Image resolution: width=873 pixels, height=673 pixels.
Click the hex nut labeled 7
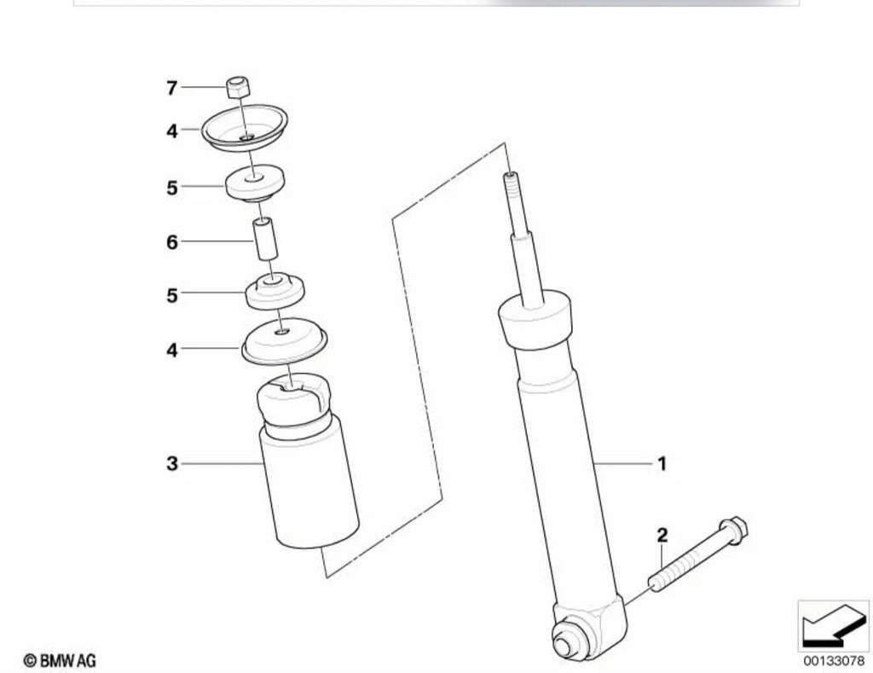239,87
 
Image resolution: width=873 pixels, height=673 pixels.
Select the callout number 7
172,88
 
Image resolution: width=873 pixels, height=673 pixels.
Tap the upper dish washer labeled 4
245,128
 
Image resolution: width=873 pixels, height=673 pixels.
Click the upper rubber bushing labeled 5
255,183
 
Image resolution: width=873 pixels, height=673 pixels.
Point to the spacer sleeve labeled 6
266,239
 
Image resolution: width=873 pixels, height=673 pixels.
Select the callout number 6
172,242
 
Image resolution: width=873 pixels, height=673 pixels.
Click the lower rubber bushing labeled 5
275,290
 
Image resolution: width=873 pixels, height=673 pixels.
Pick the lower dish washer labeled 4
284,341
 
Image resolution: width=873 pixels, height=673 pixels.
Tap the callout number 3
172,463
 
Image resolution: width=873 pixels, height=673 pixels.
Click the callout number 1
662,463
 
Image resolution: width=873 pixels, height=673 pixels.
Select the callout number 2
662,536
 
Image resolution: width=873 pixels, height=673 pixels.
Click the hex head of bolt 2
733,530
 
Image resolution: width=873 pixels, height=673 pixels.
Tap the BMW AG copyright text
60,661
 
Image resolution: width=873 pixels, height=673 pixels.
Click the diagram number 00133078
834,661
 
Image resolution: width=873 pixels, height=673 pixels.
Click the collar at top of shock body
535,320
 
